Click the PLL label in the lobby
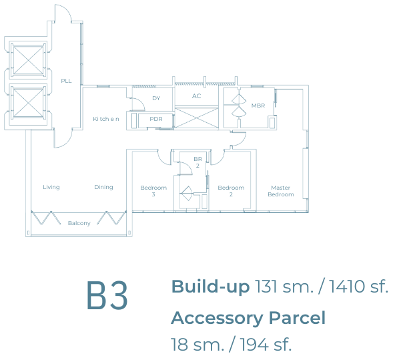(66, 81)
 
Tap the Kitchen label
(106, 119)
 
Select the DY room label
(156, 98)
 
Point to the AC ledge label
(196, 96)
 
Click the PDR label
(156, 119)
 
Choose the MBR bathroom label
(258, 106)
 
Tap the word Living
(51, 187)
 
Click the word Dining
(103, 187)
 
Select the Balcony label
(79, 223)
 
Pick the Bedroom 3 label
(153, 191)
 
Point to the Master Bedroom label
(281, 191)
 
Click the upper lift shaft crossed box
(28, 60)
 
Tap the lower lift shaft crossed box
(28, 103)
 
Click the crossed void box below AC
(196, 118)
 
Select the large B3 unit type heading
(107, 295)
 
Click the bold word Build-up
(210, 287)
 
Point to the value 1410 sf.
(358, 287)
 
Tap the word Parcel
(297, 318)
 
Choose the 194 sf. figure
(266, 345)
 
